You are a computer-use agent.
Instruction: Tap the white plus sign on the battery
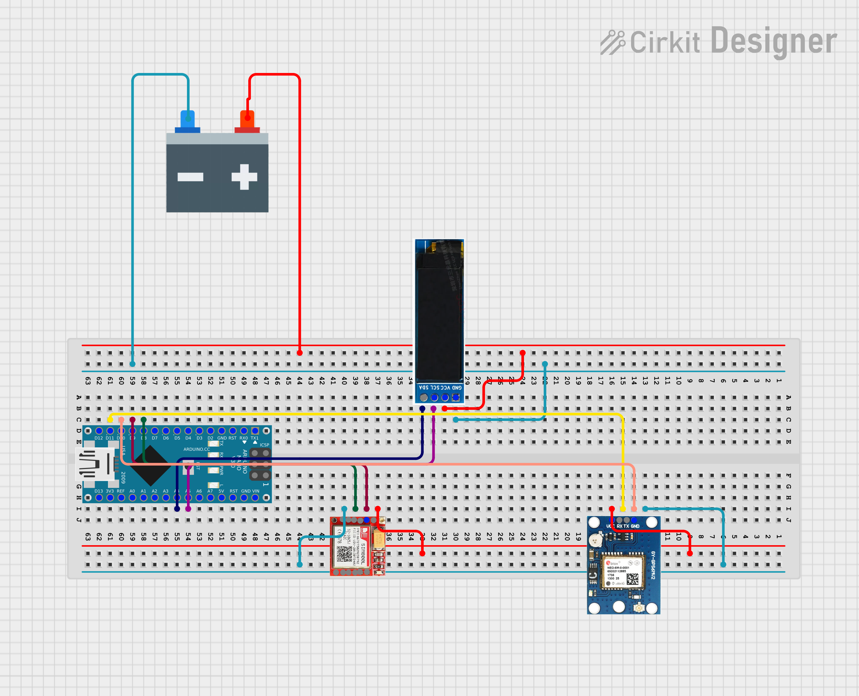pyautogui.click(x=244, y=177)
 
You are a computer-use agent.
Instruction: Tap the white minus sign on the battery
pyautogui.click(x=190, y=177)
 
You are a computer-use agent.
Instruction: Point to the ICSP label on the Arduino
pyautogui.click(x=264, y=445)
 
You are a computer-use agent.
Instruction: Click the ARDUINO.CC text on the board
pyautogui.click(x=196, y=449)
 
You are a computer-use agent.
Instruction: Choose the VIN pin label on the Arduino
pyautogui.click(x=255, y=491)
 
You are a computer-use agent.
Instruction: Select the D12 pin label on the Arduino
pyautogui.click(x=99, y=438)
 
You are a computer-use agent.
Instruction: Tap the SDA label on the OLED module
pyautogui.click(x=423, y=388)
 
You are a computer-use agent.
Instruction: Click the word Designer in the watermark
pyautogui.click(x=773, y=41)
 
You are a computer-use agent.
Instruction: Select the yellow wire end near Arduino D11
pyautogui.click(x=110, y=419)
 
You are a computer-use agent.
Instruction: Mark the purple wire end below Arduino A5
pyautogui.click(x=188, y=509)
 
